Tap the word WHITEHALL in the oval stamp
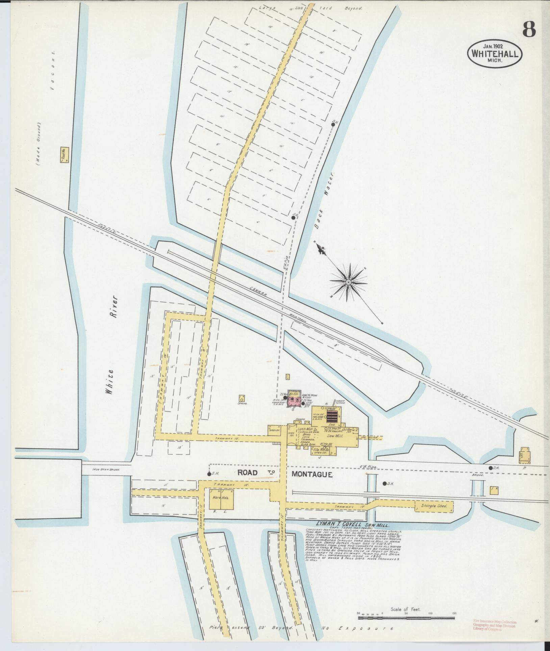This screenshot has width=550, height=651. point(495,54)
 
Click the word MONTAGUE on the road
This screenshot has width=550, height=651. point(312,474)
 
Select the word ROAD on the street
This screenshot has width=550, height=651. point(248,473)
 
